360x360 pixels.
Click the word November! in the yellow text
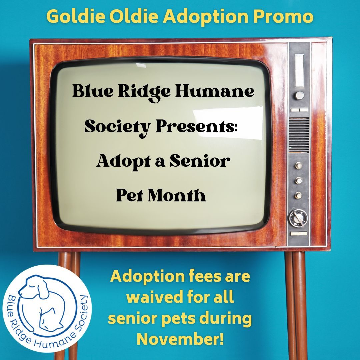tap(180, 339)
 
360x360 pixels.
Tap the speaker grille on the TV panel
tap(299, 135)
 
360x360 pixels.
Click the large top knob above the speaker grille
tap(299, 95)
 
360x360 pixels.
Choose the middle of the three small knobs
tap(299, 180)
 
